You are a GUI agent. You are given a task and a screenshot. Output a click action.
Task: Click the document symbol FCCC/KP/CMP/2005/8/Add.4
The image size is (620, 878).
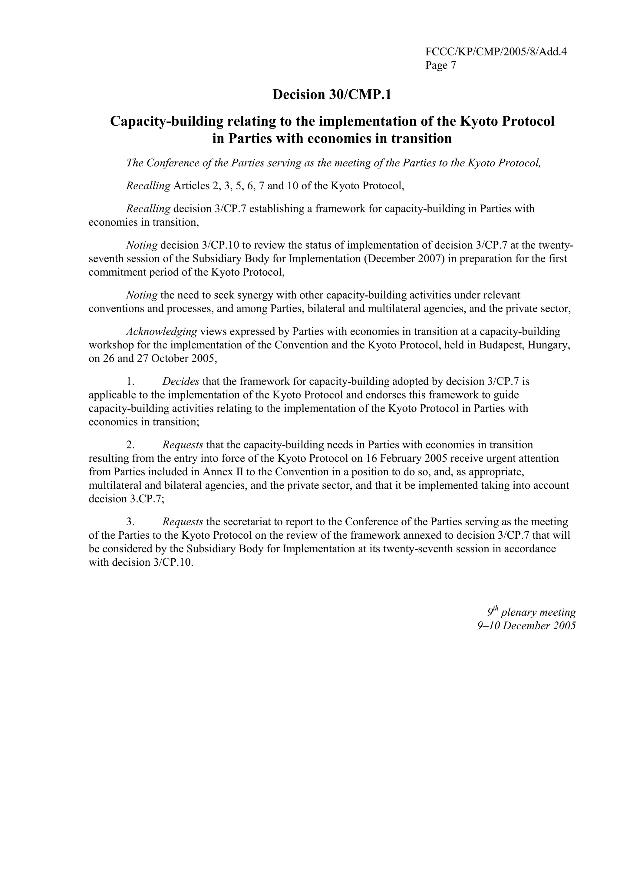(x=496, y=52)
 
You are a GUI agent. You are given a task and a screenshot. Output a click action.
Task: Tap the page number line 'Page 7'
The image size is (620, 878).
(x=440, y=65)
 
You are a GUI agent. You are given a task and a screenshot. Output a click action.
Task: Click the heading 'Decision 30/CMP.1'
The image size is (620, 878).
(x=331, y=95)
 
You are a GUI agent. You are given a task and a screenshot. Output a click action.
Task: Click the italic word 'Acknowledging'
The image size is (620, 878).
(x=162, y=331)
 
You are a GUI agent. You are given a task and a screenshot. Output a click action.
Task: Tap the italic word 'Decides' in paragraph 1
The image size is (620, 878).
(x=181, y=381)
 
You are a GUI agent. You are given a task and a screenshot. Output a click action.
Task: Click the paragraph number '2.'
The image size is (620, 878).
(x=130, y=445)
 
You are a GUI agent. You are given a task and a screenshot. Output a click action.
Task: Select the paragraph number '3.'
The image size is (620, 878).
(x=130, y=522)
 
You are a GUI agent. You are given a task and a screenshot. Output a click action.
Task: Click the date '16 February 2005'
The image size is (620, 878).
(x=411, y=458)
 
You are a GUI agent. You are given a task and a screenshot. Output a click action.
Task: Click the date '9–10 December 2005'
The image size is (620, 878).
(x=526, y=626)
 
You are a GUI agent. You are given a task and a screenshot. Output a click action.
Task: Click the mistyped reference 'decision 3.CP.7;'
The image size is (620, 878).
(x=127, y=499)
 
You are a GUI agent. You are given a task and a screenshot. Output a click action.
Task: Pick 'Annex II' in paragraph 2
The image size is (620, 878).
(x=223, y=472)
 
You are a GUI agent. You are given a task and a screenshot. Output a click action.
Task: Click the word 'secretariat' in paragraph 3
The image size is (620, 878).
(x=247, y=522)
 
